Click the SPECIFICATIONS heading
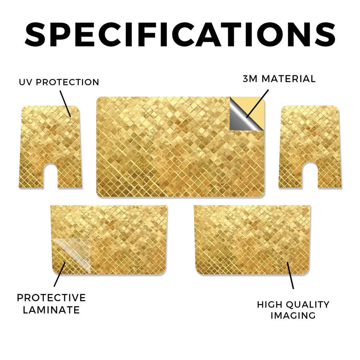180,34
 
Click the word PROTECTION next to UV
67,82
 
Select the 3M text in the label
250,79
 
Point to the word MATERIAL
289,79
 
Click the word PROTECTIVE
51,298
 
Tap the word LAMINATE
51,310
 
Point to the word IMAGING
293,315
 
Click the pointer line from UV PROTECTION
65,104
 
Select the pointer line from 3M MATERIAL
257,104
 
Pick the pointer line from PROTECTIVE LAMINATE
60,274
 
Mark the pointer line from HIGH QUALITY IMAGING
290,275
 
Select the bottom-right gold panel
252,240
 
